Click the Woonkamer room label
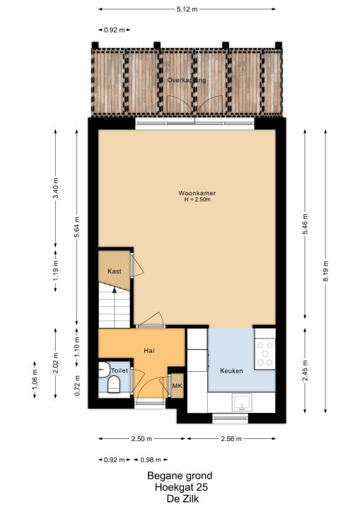coord(197,193)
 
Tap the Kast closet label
coord(115,271)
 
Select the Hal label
coord(149,351)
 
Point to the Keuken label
coord(231,370)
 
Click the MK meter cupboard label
coord(177,386)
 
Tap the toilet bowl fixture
coord(114,384)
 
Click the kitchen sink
coord(241,402)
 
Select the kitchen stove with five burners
coord(265,354)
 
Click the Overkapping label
coord(187,80)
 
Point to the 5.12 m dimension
coord(187,9)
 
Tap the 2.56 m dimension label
coord(231,439)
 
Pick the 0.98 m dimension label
coord(151,460)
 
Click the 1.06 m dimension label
coord(35,379)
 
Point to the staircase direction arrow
coord(115,308)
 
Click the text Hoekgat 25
coord(181,487)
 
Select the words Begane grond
coord(180,476)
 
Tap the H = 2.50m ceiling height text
coord(197,199)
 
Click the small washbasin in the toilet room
coord(103,370)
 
